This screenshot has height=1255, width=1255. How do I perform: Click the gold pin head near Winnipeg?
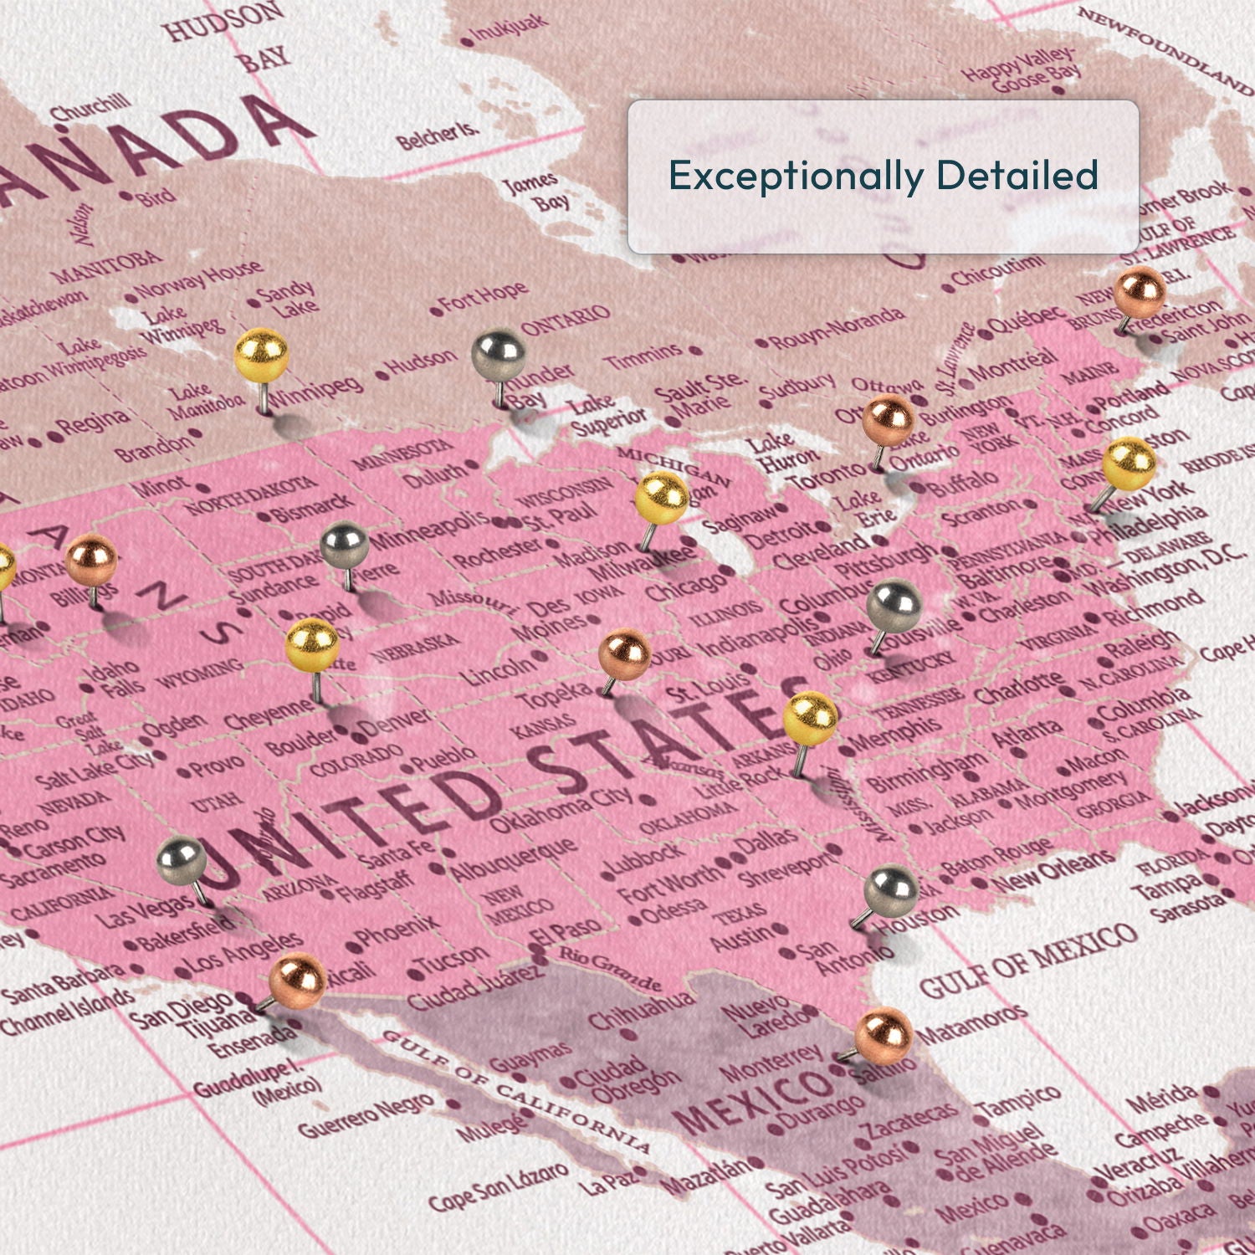[x=261, y=355]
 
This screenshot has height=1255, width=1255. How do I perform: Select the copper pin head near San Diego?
[x=297, y=977]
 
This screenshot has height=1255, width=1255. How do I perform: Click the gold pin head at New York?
[x=1129, y=463]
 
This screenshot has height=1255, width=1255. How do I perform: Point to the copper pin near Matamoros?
[x=884, y=1035]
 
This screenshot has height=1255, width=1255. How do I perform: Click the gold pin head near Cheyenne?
[x=312, y=645]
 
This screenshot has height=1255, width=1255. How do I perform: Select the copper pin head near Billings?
[x=91, y=559]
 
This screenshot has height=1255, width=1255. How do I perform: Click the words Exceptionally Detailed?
[x=883, y=176]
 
